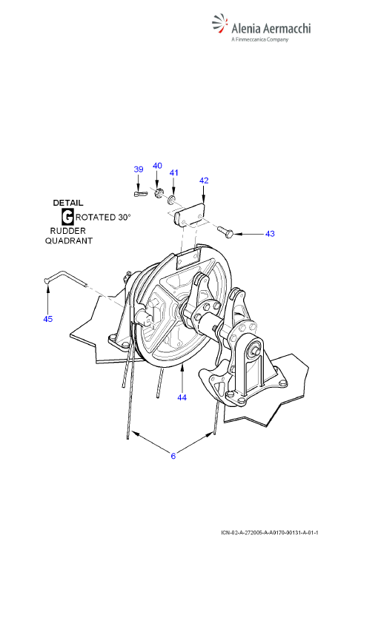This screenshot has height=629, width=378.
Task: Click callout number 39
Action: point(138,169)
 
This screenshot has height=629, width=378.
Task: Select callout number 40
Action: point(157,166)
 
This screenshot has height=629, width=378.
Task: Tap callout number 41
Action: point(173,172)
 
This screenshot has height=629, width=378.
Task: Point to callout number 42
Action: point(204,181)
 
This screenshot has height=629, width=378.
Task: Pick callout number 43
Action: point(270,233)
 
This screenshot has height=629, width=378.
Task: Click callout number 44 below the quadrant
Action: point(182,397)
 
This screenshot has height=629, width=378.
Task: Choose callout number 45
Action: point(47,319)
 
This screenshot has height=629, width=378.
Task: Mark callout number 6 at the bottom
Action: point(173,456)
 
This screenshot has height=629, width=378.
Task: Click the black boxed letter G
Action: point(67,217)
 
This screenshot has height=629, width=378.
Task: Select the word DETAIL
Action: point(68,203)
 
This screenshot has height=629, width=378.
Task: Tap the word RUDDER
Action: point(68,231)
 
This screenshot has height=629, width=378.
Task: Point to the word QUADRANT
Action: point(69,241)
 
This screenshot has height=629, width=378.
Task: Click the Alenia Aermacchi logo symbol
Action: point(219,24)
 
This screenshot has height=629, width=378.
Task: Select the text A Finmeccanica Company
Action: point(260,39)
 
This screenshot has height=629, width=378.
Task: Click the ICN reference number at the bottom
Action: point(270,533)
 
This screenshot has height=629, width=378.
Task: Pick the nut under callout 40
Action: point(159,192)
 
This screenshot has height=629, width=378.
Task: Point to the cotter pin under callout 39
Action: point(139,194)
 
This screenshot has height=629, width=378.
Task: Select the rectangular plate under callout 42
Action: point(190,215)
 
